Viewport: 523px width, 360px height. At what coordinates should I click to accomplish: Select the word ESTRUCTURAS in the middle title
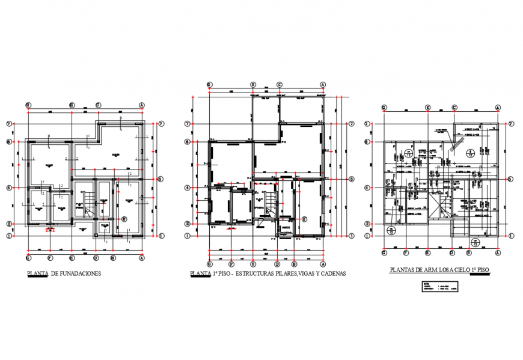tap(258, 274)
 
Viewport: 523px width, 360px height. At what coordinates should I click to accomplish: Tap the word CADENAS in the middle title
tap(330, 274)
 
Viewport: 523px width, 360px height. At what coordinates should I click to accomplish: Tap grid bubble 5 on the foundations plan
tap(161, 179)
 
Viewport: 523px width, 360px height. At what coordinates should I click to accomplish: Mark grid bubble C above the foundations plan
tap(97, 105)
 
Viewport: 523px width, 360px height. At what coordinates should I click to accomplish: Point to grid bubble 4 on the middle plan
tap(188, 188)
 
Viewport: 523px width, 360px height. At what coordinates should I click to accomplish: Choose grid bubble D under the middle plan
tap(277, 263)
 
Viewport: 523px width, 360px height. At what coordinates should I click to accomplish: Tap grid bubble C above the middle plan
tap(280, 85)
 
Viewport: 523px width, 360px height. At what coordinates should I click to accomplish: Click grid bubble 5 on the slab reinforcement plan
tap(510, 178)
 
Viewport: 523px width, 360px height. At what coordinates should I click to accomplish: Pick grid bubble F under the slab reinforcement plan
tap(406, 254)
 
